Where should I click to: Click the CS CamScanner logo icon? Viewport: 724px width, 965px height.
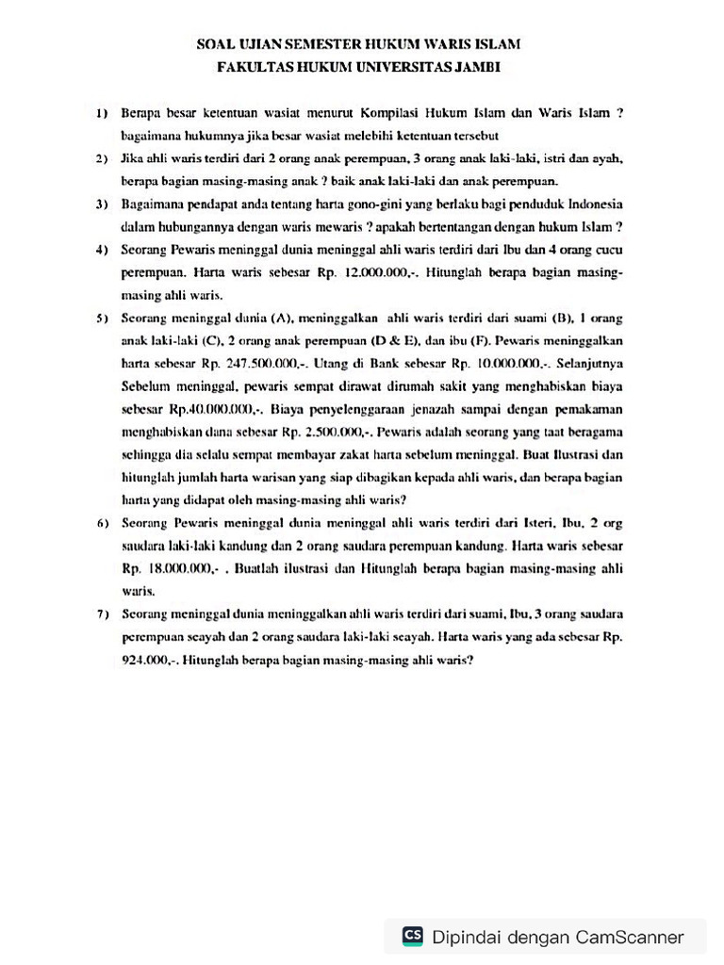(x=412, y=936)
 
